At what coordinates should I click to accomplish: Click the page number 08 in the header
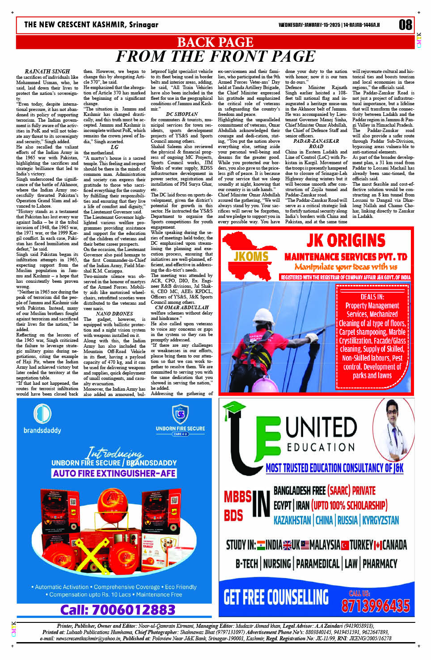(x=405, y=25)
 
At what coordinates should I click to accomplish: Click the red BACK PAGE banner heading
(x=215, y=42)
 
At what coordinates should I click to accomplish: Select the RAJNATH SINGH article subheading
(x=47, y=72)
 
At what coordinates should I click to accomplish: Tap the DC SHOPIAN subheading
(x=182, y=115)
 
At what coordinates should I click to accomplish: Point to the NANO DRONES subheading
(x=114, y=314)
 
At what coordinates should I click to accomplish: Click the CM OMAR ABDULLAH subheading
(x=182, y=307)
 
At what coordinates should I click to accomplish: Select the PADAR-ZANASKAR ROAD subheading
(x=316, y=144)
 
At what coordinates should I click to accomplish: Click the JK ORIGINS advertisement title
(x=346, y=241)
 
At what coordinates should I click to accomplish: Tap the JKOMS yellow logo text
(x=251, y=256)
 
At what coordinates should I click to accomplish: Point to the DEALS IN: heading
(x=372, y=297)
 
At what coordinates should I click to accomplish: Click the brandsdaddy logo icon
(x=42, y=414)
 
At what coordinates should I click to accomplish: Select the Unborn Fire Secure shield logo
(x=180, y=414)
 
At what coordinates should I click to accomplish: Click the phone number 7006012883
(x=118, y=609)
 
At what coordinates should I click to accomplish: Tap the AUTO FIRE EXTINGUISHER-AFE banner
(x=114, y=473)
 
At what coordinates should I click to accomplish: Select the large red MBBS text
(x=237, y=497)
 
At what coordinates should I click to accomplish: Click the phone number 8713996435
(x=376, y=605)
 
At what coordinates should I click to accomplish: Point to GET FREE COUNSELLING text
(x=276, y=597)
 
